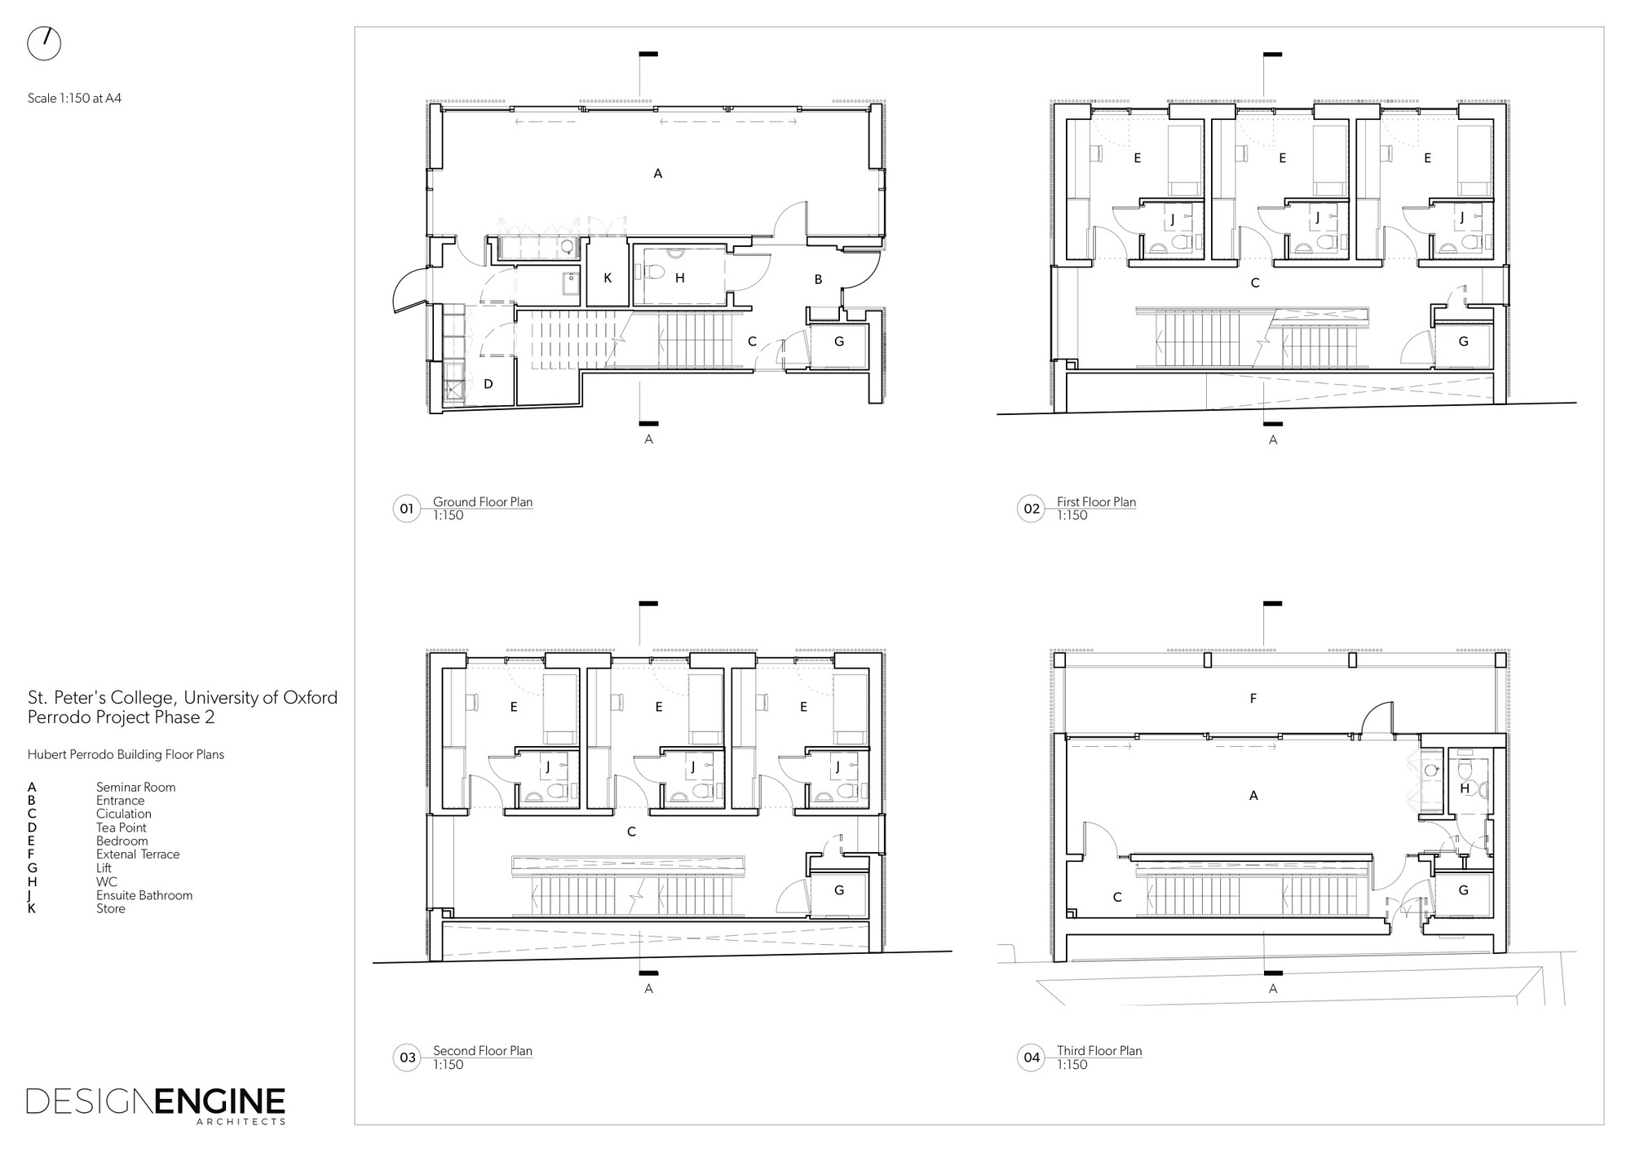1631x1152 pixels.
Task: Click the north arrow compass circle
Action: pos(44,43)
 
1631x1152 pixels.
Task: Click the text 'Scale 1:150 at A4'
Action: pos(74,98)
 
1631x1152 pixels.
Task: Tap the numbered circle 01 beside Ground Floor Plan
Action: pos(406,509)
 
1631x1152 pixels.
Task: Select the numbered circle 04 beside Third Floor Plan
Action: pos(1032,1057)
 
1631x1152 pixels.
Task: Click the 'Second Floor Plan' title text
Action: pos(482,1051)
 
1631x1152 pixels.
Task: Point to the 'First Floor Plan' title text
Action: pos(1096,502)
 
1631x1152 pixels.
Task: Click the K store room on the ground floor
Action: pos(608,278)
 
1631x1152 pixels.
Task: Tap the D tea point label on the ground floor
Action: pos(488,384)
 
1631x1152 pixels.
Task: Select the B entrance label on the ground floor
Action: pos(818,280)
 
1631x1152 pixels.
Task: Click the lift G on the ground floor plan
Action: pos(838,342)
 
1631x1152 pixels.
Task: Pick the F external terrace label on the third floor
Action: pos(1253,699)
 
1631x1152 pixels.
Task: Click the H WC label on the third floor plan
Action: pos(1465,788)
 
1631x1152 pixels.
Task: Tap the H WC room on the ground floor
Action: pos(679,278)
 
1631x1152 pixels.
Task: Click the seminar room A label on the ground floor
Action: pos(658,174)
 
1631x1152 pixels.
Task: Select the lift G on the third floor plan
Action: pos(1463,891)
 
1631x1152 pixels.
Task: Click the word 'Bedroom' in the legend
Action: pos(122,841)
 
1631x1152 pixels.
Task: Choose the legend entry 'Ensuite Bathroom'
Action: pos(144,895)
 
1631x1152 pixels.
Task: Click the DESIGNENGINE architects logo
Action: pos(156,1104)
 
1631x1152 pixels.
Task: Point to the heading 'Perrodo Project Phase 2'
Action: pos(121,717)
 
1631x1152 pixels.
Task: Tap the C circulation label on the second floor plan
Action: pos(631,832)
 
